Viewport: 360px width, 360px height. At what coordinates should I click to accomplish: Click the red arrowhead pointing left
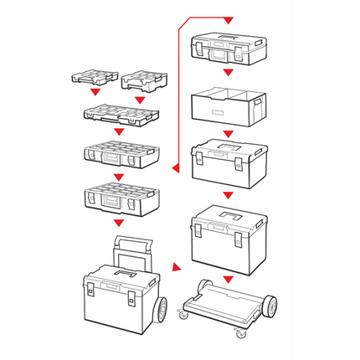(x=173, y=168)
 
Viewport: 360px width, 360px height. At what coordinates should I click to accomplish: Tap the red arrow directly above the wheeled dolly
(x=228, y=277)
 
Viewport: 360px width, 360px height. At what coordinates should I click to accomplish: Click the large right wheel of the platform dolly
(x=270, y=307)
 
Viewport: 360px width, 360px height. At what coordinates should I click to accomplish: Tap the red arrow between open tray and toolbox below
(x=228, y=131)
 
